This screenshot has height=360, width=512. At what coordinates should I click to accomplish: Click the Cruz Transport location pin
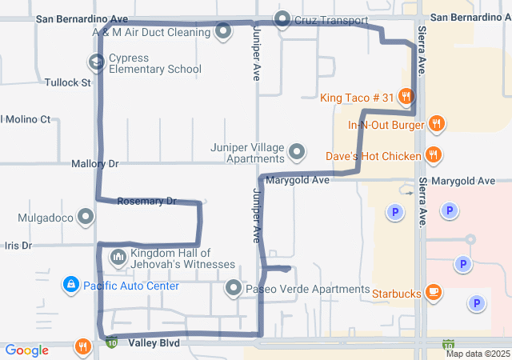click(282, 19)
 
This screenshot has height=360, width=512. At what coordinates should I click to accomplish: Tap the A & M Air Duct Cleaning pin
click(223, 32)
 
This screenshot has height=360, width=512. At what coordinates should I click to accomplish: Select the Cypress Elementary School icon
click(96, 62)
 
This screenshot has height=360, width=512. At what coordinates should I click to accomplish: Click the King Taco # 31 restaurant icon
click(406, 98)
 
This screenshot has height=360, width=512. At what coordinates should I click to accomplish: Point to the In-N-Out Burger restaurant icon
click(436, 124)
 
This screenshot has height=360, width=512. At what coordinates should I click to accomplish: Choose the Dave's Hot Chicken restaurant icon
click(433, 154)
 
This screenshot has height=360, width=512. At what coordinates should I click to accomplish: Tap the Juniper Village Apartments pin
click(297, 151)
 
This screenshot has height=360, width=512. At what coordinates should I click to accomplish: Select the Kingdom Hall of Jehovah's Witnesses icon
click(118, 257)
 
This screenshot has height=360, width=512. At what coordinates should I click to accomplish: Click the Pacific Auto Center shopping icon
click(71, 285)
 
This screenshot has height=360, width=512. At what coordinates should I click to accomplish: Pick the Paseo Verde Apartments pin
click(233, 288)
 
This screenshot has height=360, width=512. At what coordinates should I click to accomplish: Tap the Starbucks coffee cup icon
click(433, 293)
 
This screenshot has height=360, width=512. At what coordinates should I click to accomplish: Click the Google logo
click(27, 350)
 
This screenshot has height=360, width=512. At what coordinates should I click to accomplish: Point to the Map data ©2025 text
click(478, 354)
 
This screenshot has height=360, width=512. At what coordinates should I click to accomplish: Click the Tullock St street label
click(68, 82)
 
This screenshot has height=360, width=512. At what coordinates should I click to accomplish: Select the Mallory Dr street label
click(94, 163)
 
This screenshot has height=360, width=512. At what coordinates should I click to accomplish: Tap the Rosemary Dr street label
click(146, 202)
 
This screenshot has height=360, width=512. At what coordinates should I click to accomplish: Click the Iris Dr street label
click(17, 246)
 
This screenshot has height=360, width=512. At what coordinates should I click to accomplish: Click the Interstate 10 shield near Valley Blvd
click(113, 342)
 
